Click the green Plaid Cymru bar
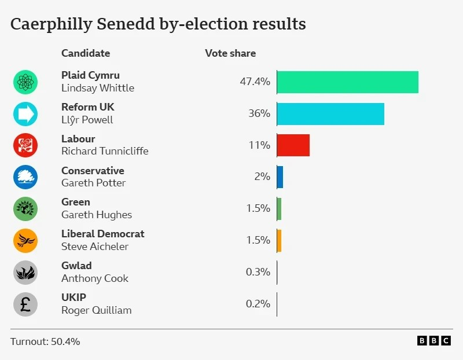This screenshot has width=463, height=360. tap(347, 82)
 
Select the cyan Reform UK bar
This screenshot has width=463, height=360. tap(330, 113)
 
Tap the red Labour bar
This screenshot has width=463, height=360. tap(293, 145)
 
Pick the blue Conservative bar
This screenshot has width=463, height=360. tap(280, 177)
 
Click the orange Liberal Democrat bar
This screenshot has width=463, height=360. tap(279, 240)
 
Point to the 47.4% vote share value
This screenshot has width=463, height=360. tap(255, 82)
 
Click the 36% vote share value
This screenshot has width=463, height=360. tap(259, 113)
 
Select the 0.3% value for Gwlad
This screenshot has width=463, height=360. tap(258, 272)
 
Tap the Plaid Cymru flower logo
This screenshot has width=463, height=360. tap(25, 82)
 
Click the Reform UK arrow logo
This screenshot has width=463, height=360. tap(25, 113)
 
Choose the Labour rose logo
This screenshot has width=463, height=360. tap(25, 145)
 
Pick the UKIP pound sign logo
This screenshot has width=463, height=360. tap(25, 304)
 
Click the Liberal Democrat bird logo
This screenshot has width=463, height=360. tap(25, 240)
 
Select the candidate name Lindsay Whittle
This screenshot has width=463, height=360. tap(97, 88)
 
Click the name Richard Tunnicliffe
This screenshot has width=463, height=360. tap(105, 151)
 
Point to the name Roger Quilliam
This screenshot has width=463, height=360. tap(96, 310)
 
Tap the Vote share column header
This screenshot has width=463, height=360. tap(230, 53)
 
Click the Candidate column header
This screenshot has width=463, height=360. tap(86, 53)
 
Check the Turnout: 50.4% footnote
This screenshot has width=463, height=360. tap(45, 341)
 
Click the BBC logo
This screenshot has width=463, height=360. tap(433, 341)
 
